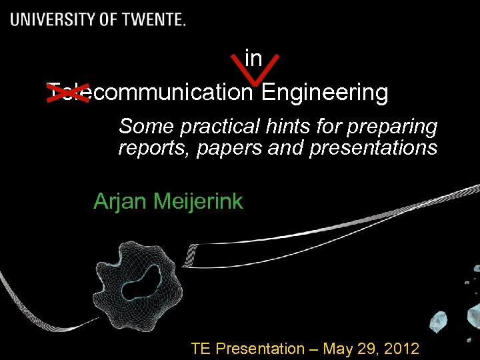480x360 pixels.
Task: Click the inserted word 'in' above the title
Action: pyautogui.click(x=253, y=59)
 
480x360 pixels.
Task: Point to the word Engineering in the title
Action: pyautogui.click(x=325, y=92)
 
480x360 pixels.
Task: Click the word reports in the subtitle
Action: pyautogui.click(x=153, y=147)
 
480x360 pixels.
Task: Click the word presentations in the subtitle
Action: pyautogui.click(x=373, y=147)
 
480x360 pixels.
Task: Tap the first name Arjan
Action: pyautogui.click(x=121, y=201)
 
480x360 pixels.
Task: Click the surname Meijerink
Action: pyautogui.click(x=199, y=201)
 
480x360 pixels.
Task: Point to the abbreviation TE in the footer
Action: pyautogui.click(x=201, y=348)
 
